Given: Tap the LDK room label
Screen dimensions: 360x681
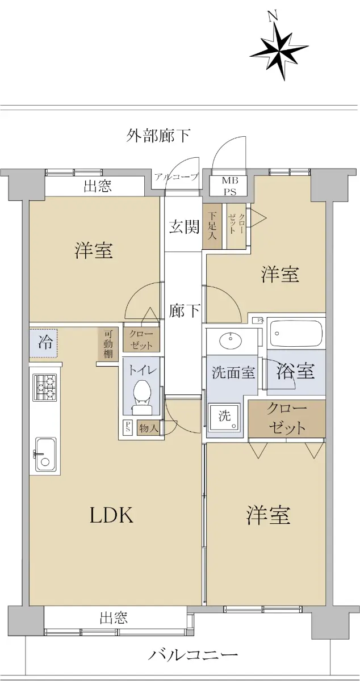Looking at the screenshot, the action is (111, 515).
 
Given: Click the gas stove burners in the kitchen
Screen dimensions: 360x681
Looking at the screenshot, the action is (45, 386).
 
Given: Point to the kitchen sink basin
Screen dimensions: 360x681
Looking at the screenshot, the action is (45, 455).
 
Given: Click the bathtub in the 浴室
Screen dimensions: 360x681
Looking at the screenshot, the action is (296, 333).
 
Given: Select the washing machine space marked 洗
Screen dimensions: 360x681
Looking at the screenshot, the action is (225, 417).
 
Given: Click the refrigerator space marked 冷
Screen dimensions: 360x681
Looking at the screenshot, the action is (43, 343).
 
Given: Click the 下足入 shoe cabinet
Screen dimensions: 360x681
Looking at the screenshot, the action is (212, 226).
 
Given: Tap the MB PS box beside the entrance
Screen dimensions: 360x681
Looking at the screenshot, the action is (230, 186).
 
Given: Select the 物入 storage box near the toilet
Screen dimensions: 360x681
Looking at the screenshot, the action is (149, 428).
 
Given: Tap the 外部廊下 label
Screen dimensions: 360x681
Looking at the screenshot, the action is (158, 135).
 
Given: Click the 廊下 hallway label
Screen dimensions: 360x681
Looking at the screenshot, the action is (184, 311).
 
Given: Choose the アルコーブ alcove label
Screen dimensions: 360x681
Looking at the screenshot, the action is (176, 177).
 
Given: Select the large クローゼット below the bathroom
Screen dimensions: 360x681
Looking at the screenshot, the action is (287, 419).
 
